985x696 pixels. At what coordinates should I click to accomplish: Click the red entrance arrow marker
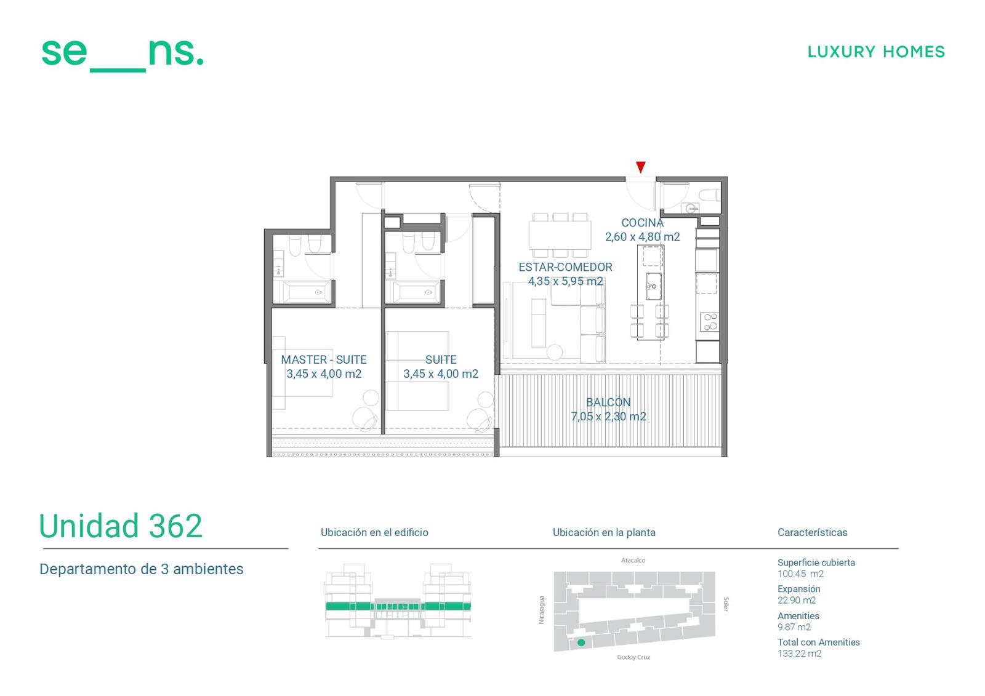[x=641, y=167]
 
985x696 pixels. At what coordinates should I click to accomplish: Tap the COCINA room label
[x=642, y=223]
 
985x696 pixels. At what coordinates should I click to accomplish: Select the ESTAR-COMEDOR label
[x=565, y=267]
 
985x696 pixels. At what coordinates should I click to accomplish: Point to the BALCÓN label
[x=608, y=402]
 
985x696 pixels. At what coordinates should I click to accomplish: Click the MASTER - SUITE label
[x=324, y=359]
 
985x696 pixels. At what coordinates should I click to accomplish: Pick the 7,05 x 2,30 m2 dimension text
[x=608, y=417]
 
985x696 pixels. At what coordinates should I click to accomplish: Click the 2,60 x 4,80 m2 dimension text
[x=642, y=237]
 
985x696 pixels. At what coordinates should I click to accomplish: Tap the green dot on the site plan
[x=581, y=642]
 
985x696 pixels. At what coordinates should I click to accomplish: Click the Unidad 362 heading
[x=121, y=526]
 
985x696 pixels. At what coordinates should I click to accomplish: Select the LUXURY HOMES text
[x=876, y=52]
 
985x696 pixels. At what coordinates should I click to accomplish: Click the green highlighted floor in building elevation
[x=398, y=606]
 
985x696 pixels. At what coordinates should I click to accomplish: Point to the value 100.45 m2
[x=800, y=574]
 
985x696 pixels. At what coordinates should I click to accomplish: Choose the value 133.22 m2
[x=799, y=654]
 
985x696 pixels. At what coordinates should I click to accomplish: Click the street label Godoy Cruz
[x=633, y=657]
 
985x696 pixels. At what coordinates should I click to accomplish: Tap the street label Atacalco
[x=633, y=560]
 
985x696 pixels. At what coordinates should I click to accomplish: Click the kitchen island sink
[x=653, y=286]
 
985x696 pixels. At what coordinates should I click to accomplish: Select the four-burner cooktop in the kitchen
[x=709, y=321]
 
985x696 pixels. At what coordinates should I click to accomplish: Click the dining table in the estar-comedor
[x=560, y=235]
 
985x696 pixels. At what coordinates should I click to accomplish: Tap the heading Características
[x=812, y=532]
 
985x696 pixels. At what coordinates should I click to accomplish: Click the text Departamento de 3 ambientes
[x=141, y=569]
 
